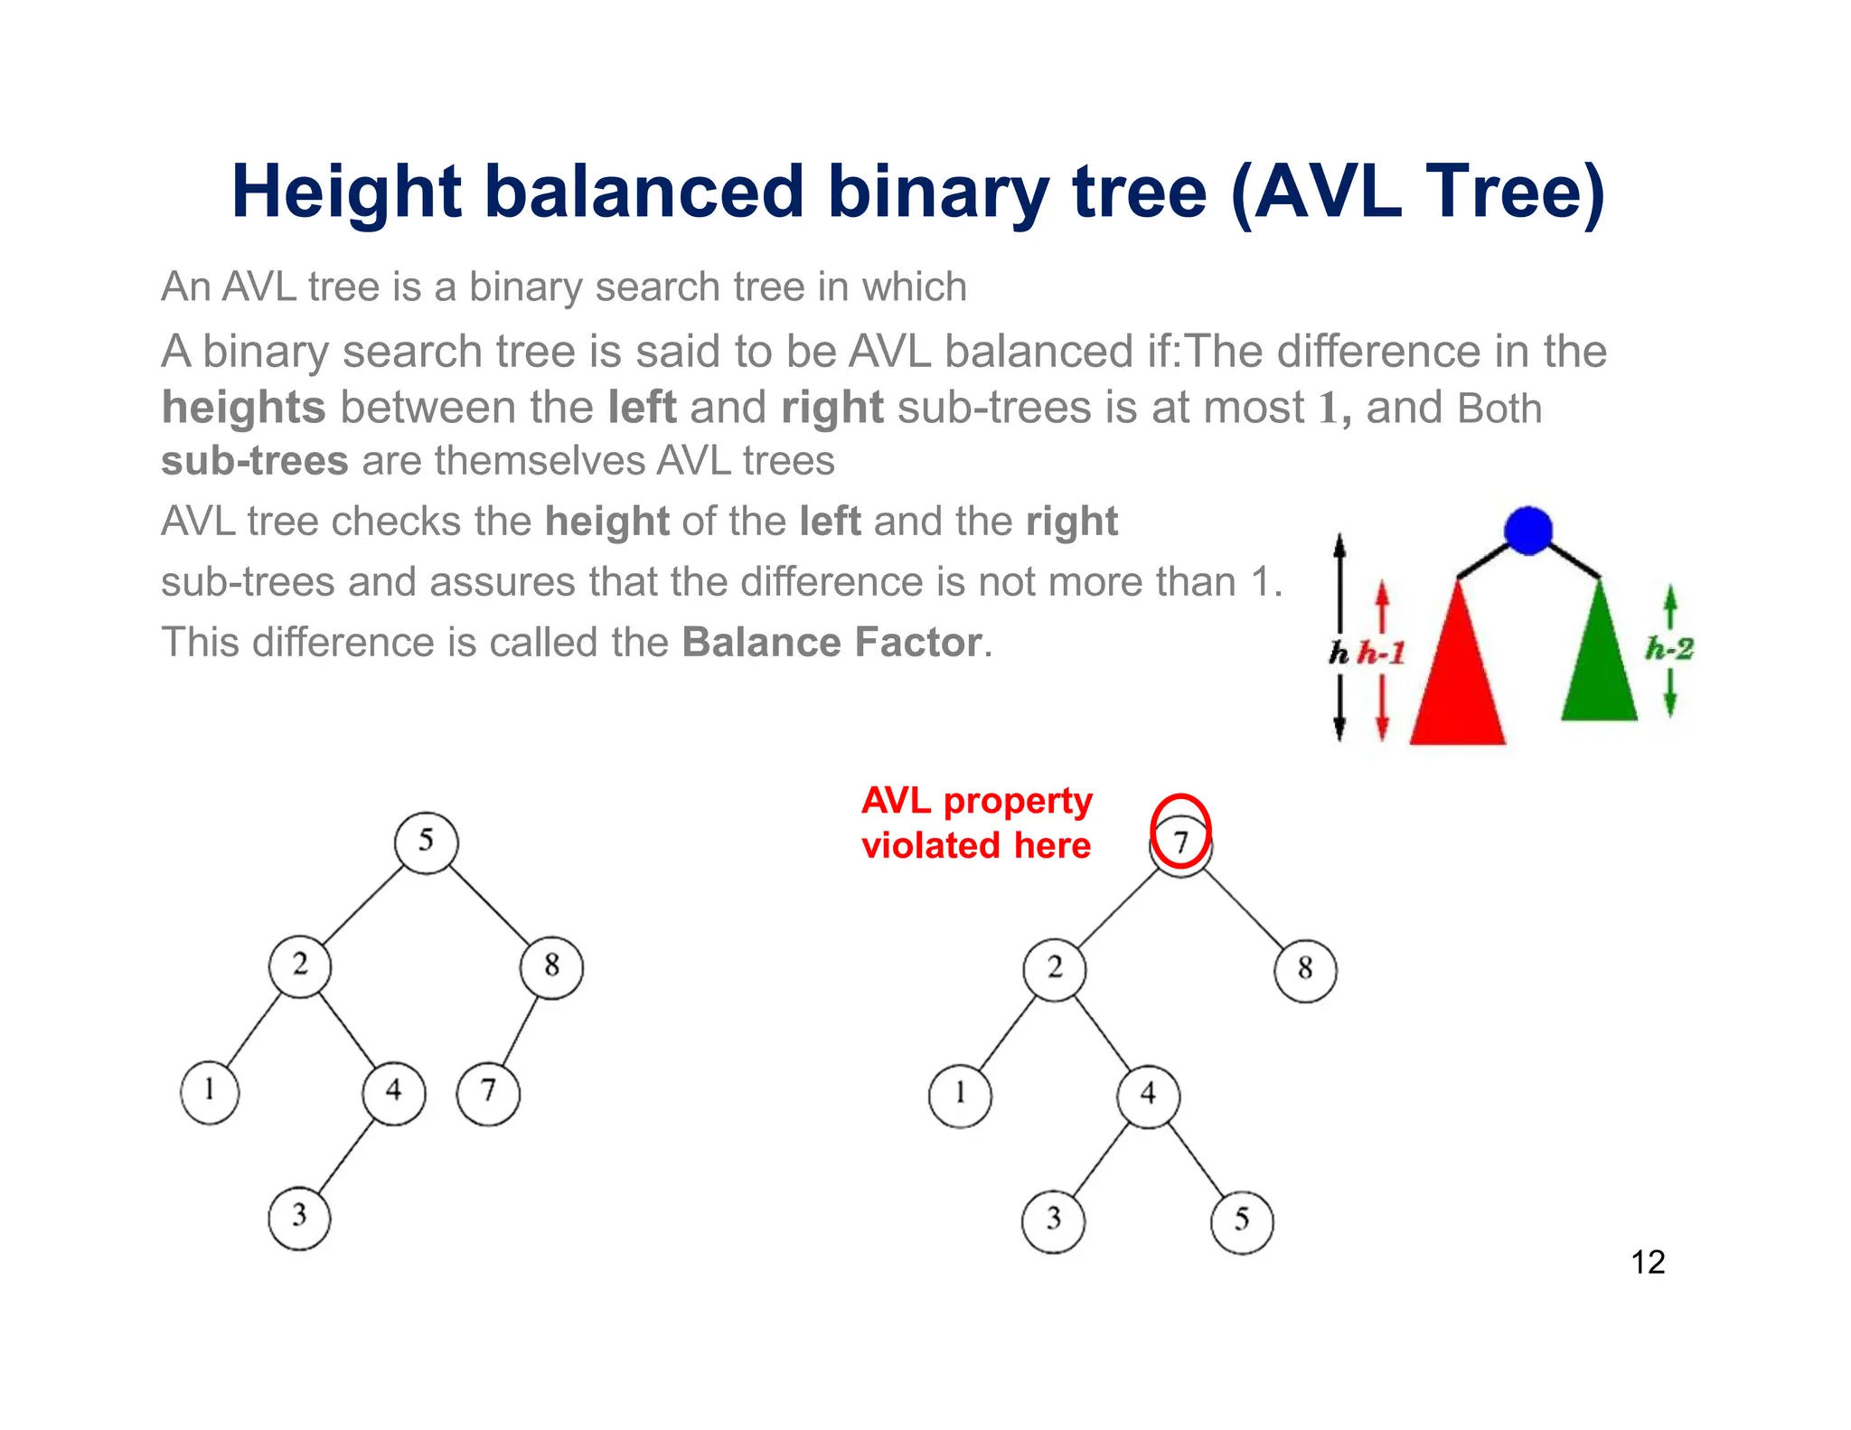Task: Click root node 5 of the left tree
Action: (x=426, y=842)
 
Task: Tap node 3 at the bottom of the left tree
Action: (x=299, y=1217)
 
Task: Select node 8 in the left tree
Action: (x=551, y=966)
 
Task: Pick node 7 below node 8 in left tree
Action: (x=488, y=1092)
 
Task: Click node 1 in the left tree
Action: (x=210, y=1091)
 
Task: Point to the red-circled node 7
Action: (x=1180, y=842)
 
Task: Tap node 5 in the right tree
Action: (x=1242, y=1221)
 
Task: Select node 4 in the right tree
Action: (x=1148, y=1096)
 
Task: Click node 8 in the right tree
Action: (x=1305, y=970)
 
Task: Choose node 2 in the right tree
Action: (x=1055, y=969)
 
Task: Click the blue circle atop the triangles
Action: (x=1528, y=531)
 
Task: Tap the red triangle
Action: (x=1457, y=678)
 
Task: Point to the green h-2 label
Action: (x=1668, y=648)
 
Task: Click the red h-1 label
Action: (x=1382, y=653)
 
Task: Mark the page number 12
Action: (x=1648, y=1262)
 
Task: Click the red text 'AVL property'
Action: (x=976, y=801)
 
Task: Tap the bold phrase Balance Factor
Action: (x=832, y=643)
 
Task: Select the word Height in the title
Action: (x=346, y=193)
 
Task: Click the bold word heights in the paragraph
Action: (x=243, y=408)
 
